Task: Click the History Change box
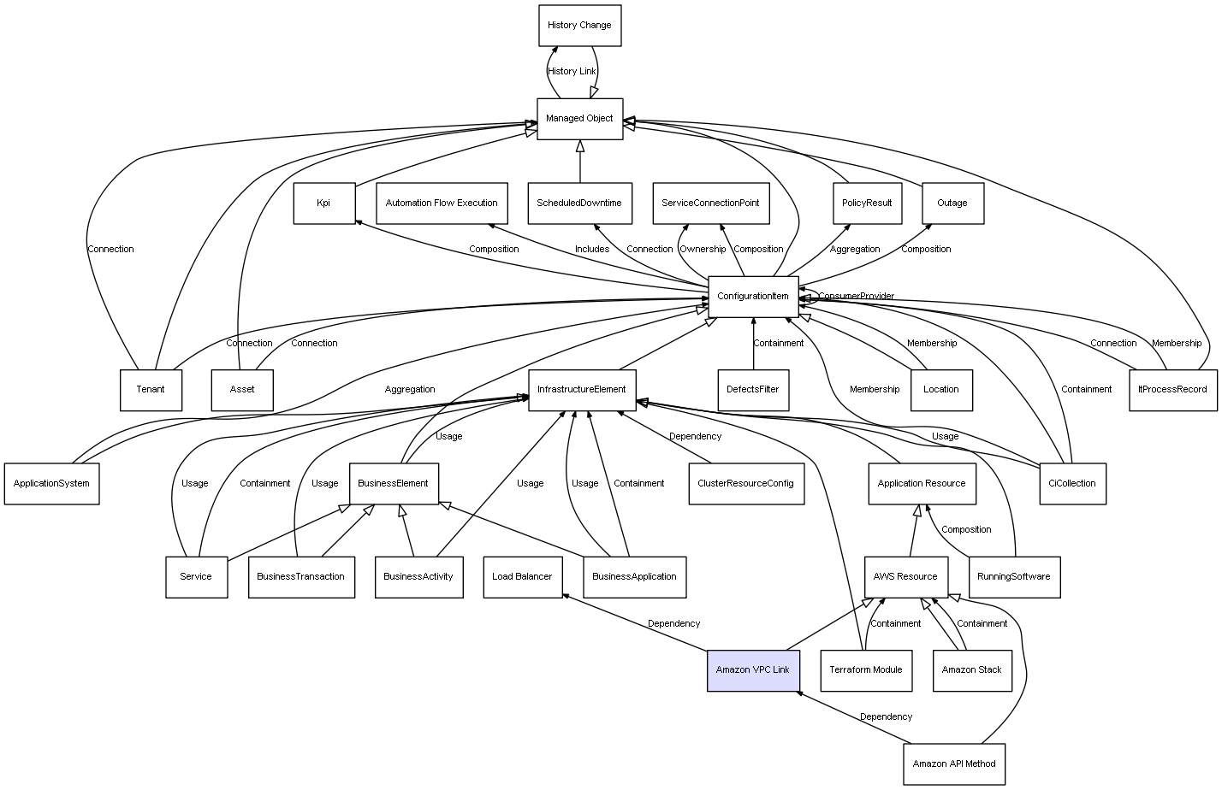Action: [x=580, y=26]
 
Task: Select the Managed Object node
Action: [x=580, y=119]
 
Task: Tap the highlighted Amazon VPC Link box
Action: [x=753, y=670]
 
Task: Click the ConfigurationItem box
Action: [x=753, y=297]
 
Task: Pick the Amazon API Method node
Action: [x=954, y=763]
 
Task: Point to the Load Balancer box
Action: [x=523, y=577]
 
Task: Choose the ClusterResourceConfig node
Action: [x=746, y=484]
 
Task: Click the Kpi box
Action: [x=324, y=203]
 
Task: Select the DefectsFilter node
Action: [x=753, y=390]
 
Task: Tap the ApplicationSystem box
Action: [x=52, y=484]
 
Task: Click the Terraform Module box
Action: [x=866, y=670]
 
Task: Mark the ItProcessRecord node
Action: [x=1173, y=390]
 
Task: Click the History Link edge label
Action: [x=572, y=72]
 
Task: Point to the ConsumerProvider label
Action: [x=856, y=296]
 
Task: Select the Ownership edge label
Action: [x=703, y=249]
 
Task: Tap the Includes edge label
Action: [x=592, y=249]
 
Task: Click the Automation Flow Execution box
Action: [x=442, y=203]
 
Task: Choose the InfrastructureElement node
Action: [x=582, y=390]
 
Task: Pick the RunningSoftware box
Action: [x=1015, y=577]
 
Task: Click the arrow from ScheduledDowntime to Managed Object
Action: [x=580, y=162]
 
